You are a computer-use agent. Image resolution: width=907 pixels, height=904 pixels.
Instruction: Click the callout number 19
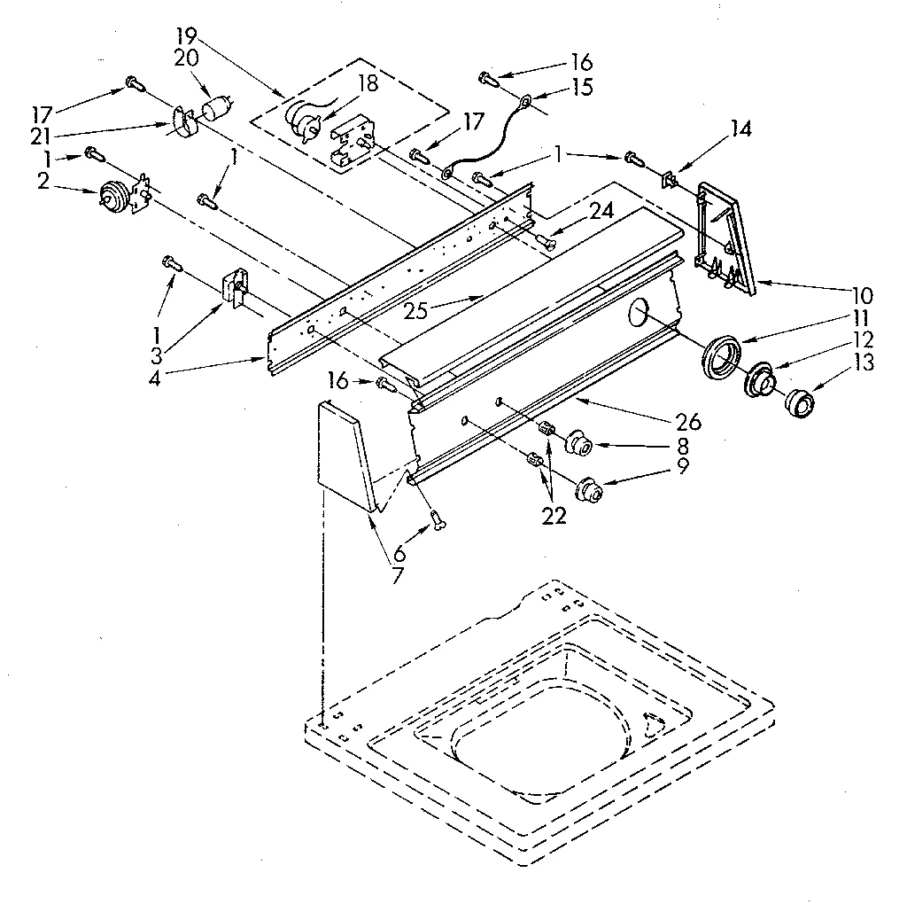(x=187, y=36)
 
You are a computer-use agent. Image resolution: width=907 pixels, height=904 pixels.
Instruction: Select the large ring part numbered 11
(x=721, y=357)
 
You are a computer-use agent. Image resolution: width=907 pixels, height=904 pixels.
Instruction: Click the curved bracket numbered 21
(x=184, y=125)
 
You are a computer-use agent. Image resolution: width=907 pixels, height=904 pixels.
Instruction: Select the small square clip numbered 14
(x=669, y=181)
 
